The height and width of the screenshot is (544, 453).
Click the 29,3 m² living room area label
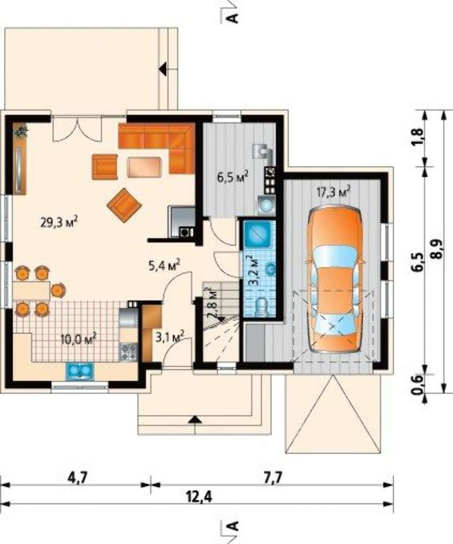[59, 222]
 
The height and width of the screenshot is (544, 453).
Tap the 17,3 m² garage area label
[333, 191]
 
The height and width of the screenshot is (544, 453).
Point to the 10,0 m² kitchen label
[78, 338]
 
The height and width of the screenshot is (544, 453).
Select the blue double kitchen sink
[80, 371]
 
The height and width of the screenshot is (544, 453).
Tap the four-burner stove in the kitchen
[128, 351]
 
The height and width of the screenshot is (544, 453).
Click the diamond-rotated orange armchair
[124, 205]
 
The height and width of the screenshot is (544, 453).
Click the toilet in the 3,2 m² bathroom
[260, 307]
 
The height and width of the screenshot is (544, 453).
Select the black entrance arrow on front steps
[195, 420]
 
